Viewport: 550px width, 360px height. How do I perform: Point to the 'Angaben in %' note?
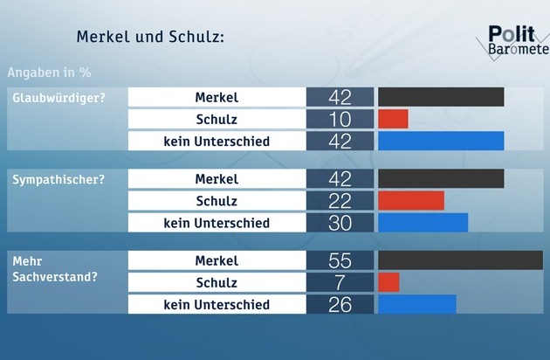[x=49, y=72]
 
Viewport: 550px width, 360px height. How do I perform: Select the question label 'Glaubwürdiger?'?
[x=58, y=97]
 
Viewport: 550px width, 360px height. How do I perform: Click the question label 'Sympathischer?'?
[x=58, y=179]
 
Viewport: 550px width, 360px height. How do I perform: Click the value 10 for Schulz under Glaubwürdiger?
[x=340, y=119]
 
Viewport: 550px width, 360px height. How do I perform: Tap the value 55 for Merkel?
[x=340, y=261]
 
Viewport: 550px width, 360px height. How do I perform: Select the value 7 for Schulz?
[x=340, y=282]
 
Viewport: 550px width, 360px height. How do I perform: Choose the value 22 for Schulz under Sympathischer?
[x=340, y=201]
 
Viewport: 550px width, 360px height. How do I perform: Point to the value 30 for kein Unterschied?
[x=340, y=223]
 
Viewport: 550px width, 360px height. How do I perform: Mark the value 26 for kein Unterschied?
[x=340, y=304]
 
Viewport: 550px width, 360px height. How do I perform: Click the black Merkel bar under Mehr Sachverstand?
[x=459, y=261]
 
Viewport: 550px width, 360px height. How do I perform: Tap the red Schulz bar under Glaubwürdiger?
[x=393, y=119]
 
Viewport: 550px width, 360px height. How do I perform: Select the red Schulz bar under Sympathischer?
[x=410, y=201]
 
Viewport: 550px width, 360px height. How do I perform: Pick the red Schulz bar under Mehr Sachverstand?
[x=388, y=282]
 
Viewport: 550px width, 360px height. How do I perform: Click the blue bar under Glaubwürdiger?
[x=441, y=141]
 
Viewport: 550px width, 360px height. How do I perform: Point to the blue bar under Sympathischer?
[x=423, y=223]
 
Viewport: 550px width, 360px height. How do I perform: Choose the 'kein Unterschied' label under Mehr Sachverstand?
[x=217, y=304]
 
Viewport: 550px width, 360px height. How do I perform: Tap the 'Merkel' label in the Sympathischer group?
[x=217, y=179]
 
